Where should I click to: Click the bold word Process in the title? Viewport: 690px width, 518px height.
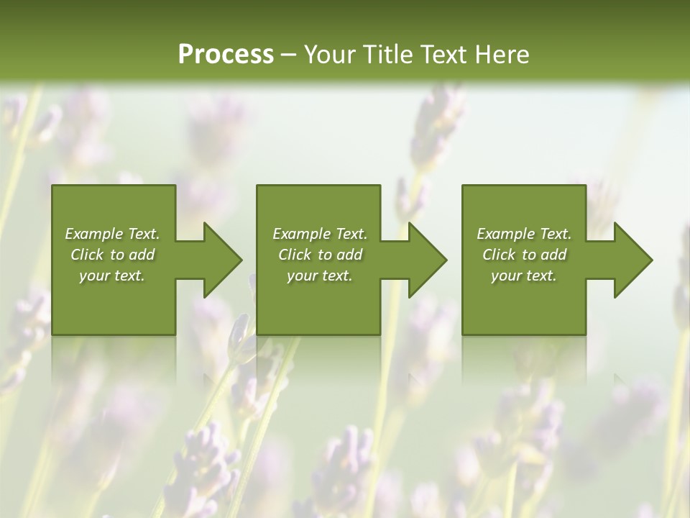click(x=226, y=55)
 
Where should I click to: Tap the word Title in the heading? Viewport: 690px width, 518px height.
click(x=388, y=55)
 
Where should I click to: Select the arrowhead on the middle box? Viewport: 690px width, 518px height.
click(x=426, y=260)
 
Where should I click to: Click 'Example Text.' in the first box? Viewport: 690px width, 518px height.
click(x=112, y=234)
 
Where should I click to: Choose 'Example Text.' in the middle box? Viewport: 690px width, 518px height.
click(x=320, y=234)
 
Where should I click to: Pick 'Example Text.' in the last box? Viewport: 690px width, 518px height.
click(x=524, y=234)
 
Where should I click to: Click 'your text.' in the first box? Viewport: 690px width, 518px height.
click(x=112, y=276)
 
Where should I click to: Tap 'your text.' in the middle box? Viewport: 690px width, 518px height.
click(x=320, y=276)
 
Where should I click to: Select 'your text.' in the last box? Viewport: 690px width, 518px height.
click(x=524, y=276)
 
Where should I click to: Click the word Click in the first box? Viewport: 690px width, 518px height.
click(x=87, y=255)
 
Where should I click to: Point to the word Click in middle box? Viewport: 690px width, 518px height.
click(x=295, y=255)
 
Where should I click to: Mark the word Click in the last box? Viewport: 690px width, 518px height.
click(x=499, y=255)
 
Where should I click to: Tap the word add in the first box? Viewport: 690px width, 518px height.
click(x=142, y=255)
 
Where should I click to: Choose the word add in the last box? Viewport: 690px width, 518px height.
click(x=553, y=255)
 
